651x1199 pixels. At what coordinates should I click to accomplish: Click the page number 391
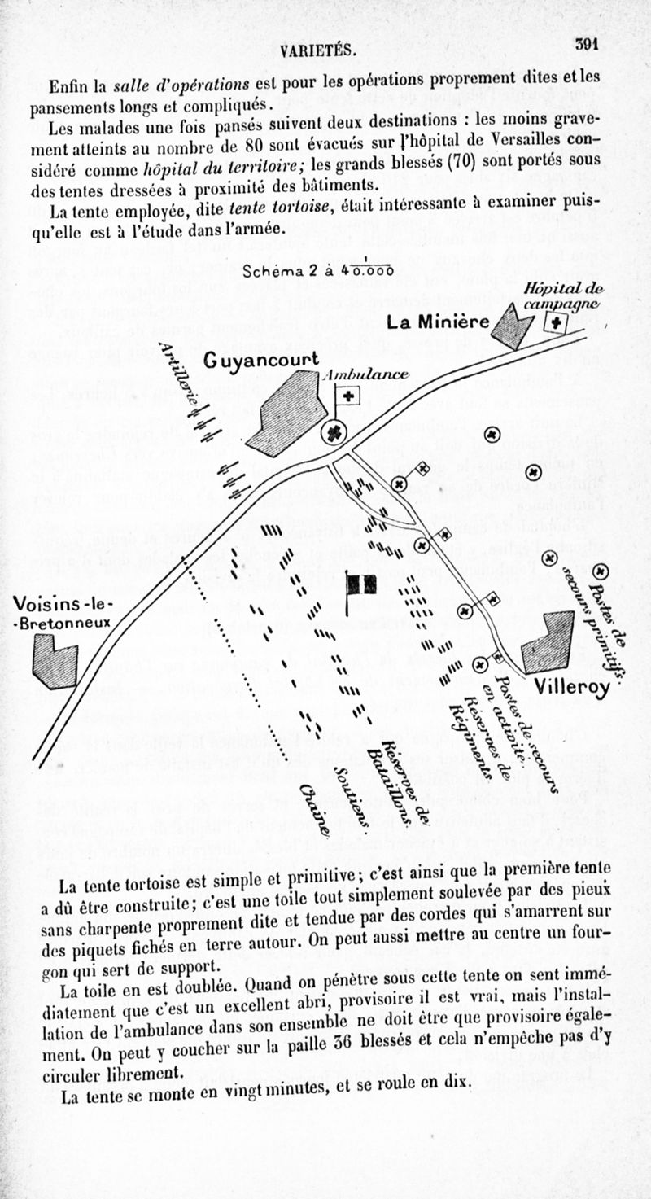point(587,44)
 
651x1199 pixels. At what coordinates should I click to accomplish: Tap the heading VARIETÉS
point(317,50)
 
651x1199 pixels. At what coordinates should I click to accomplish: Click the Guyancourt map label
point(261,361)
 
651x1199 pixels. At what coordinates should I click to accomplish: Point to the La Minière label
point(438,322)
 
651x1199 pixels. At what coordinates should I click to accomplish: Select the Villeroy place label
point(571,687)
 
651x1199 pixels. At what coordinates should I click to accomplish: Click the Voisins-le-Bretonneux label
point(63,614)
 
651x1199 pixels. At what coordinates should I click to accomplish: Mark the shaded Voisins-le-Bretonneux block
point(55,661)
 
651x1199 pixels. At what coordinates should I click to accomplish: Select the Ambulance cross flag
point(348,396)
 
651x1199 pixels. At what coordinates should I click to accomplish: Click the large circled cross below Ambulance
point(335,432)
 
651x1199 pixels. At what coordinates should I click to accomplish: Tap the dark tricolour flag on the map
point(361,584)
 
